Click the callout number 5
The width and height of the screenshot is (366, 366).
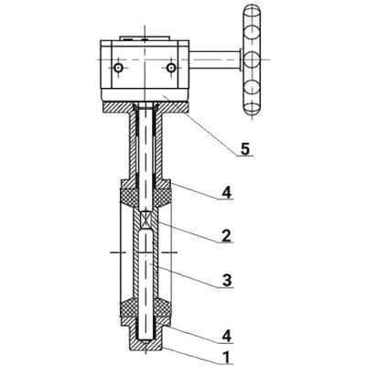pyautogui.click(x=245, y=149)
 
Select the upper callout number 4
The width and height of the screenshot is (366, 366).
pyautogui.click(x=227, y=192)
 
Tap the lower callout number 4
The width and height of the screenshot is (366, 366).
pyautogui.click(x=227, y=336)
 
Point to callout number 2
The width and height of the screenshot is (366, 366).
pyautogui.click(x=226, y=235)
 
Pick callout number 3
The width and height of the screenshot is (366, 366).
pyautogui.click(x=227, y=280)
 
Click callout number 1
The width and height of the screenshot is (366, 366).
pyautogui.click(x=226, y=357)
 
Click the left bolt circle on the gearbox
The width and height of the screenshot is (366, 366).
pyautogui.click(x=118, y=68)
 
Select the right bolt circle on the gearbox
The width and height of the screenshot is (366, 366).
pyautogui.click(x=171, y=68)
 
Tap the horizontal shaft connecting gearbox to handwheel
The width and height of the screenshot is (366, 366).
pyautogui.click(x=215, y=59)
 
